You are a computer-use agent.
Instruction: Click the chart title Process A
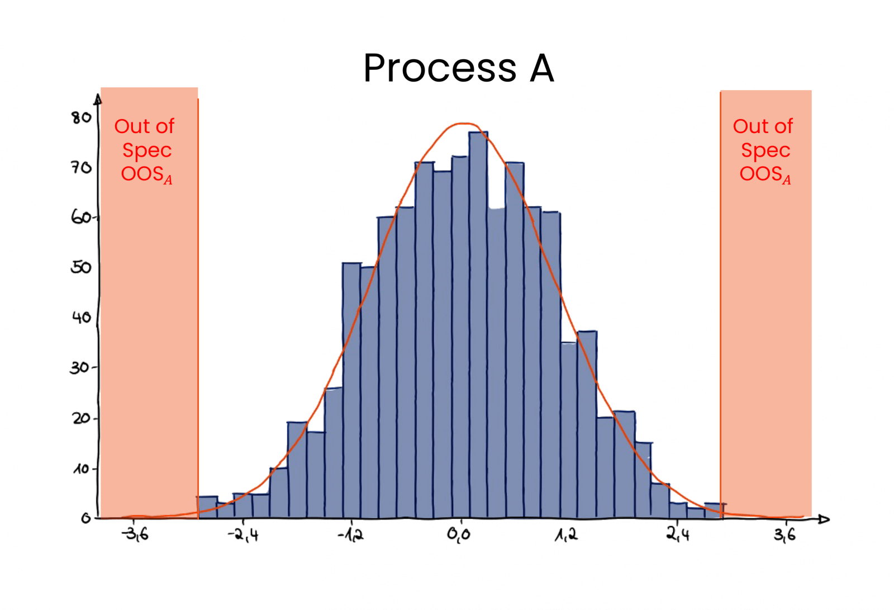(458, 68)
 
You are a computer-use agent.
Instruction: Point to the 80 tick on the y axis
(81, 117)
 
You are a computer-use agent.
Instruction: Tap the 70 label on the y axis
(81, 167)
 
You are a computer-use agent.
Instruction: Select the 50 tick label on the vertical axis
(81, 267)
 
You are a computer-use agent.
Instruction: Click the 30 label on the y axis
(79, 367)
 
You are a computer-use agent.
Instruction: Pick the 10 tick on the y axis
(81, 469)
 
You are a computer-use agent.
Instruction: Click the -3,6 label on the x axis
(136, 535)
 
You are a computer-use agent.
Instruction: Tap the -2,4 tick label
(243, 535)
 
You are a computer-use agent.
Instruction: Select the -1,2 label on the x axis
(350, 535)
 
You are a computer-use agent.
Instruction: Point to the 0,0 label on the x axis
(459, 535)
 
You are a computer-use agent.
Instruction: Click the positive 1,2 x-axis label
(566, 535)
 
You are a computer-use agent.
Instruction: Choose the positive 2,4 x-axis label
(678, 535)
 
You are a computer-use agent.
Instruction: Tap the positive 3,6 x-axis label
(784, 535)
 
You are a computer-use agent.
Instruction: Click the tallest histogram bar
(478, 324)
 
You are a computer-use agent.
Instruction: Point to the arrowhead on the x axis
(824, 519)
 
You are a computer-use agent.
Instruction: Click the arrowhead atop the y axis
(98, 99)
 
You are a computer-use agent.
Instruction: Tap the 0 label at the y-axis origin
(85, 518)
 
